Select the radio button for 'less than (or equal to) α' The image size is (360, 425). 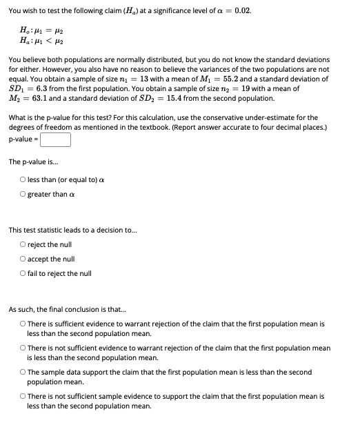point(23,180)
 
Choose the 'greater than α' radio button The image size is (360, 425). point(23,194)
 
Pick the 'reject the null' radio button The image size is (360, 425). point(23,245)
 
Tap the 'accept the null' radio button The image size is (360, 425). point(23,259)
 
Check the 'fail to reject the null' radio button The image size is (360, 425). point(23,273)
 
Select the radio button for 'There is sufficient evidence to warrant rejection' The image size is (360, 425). point(23,323)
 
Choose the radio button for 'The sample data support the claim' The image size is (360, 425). point(23,372)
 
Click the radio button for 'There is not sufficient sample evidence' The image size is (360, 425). point(23,397)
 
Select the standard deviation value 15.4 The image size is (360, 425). point(177,98)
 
